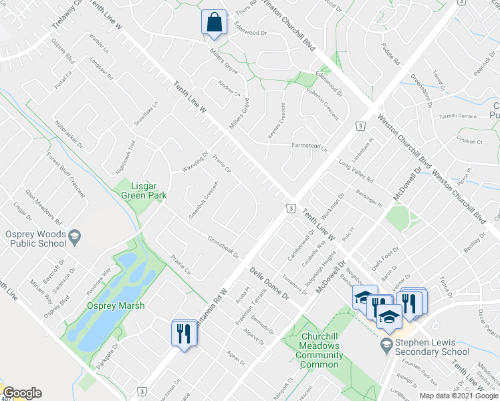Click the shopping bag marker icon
(x=213, y=22)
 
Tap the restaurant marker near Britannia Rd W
(x=182, y=332)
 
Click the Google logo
(x=22, y=393)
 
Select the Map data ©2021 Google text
(x=459, y=396)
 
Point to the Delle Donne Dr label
(x=269, y=283)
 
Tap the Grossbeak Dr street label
(x=223, y=245)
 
